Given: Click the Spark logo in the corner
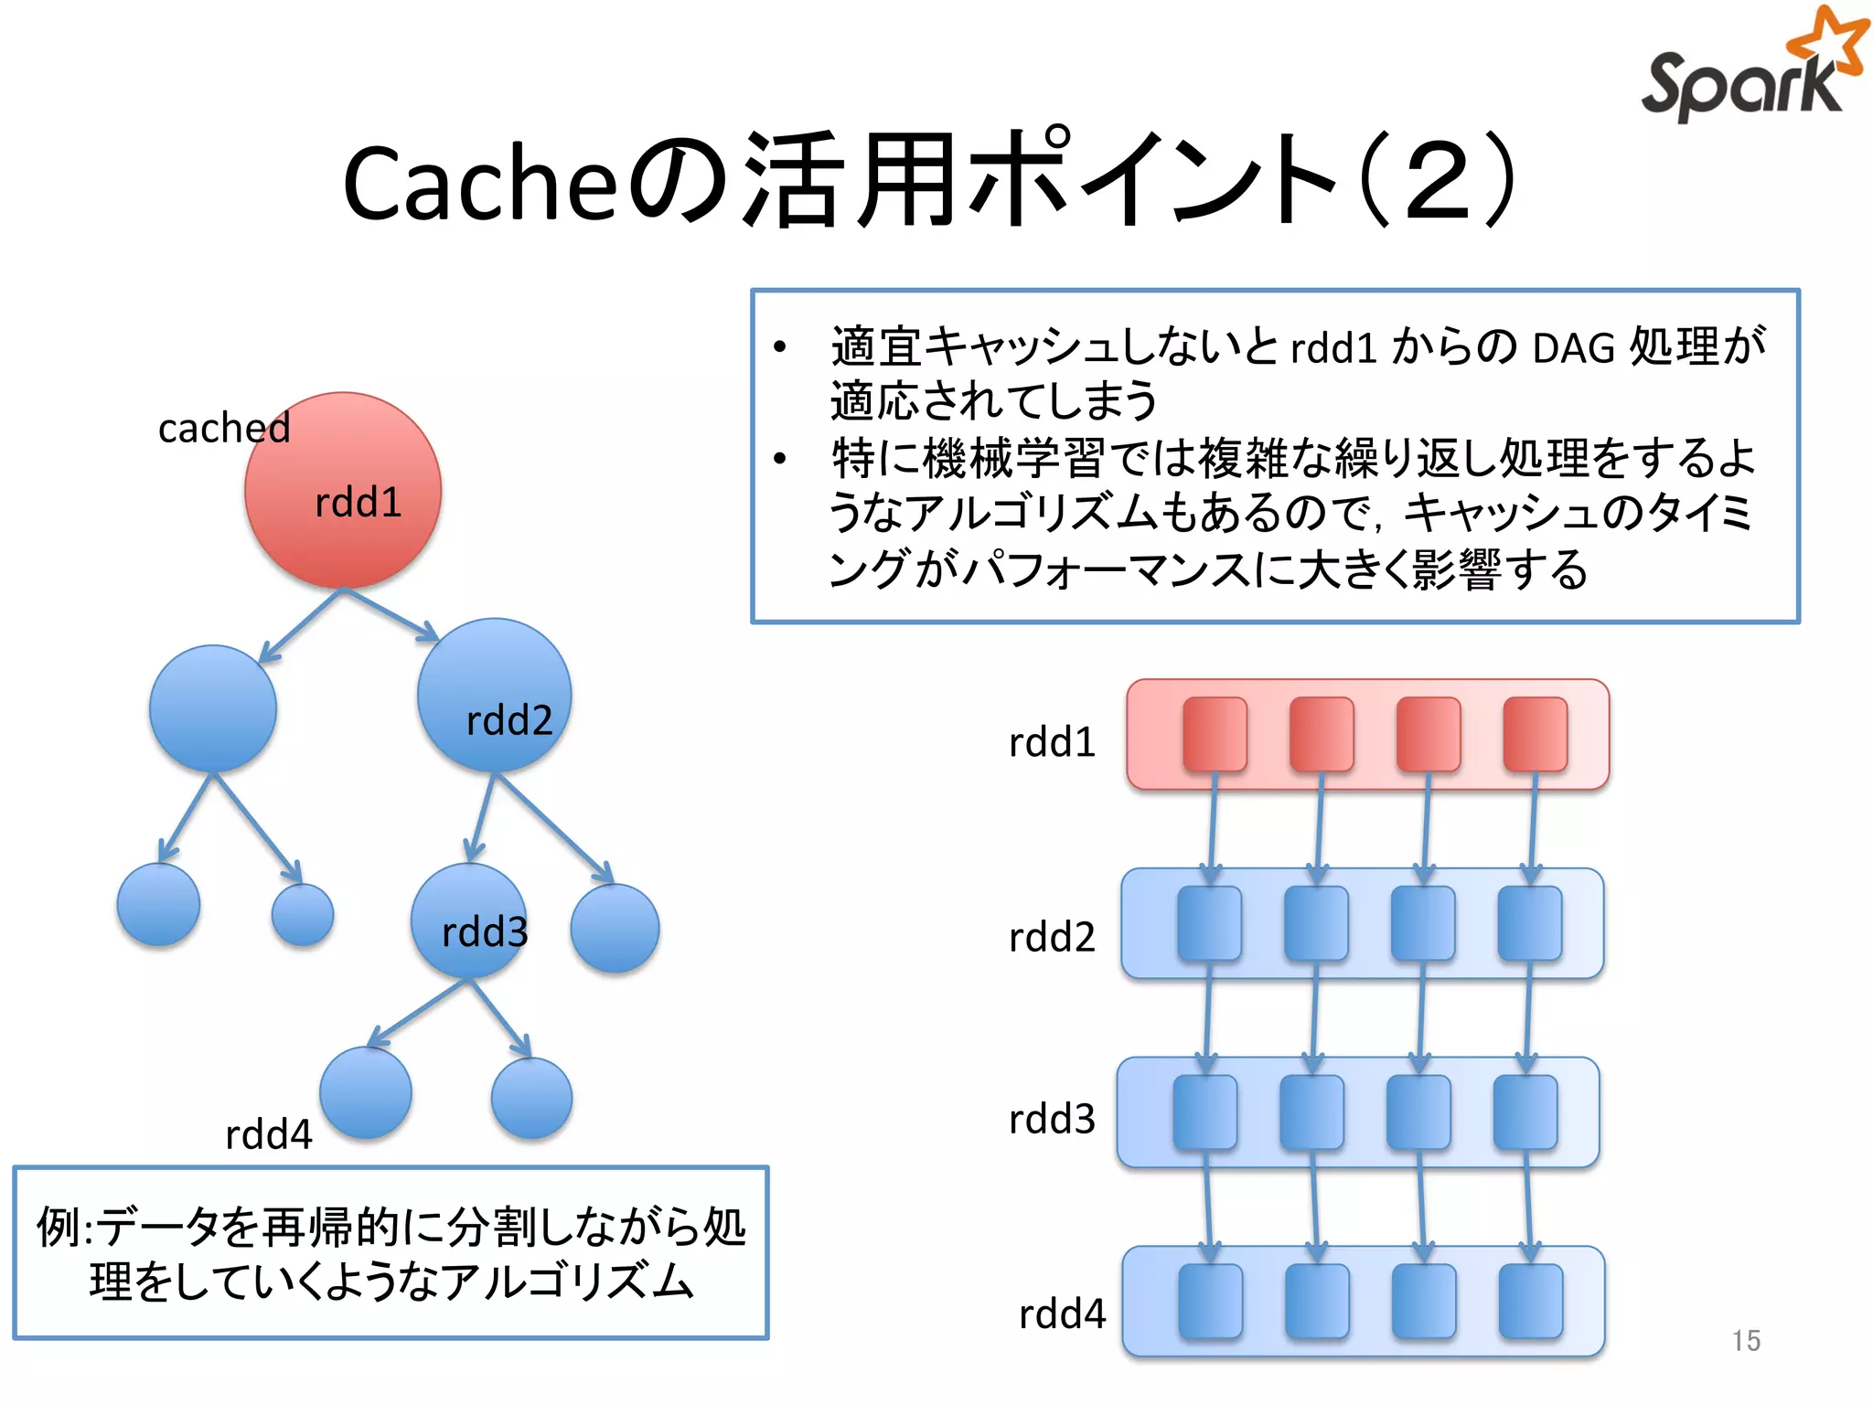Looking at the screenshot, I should coord(1751,69).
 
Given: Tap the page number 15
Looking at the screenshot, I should coord(1745,1340).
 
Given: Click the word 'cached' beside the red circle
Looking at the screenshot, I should coord(223,428).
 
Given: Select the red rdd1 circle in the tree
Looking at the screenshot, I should coord(343,491).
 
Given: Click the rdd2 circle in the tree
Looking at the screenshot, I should coord(494,695).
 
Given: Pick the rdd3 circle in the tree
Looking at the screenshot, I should coord(469,921).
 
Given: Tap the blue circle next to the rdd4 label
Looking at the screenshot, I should coord(366,1093).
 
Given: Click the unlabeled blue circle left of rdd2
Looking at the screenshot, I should coord(213,708).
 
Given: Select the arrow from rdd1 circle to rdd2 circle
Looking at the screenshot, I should coord(391,614).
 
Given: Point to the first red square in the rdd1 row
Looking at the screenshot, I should coord(1215,734).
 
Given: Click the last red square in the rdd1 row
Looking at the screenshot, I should coord(1536,734).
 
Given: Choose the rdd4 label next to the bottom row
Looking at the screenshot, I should coord(1062,1314).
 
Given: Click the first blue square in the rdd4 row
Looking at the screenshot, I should coord(1210,1301).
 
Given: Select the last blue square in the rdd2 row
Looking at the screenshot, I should coord(1530,923).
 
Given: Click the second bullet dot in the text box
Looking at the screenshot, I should coord(779,459).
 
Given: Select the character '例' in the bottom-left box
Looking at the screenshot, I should coord(59,1227).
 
